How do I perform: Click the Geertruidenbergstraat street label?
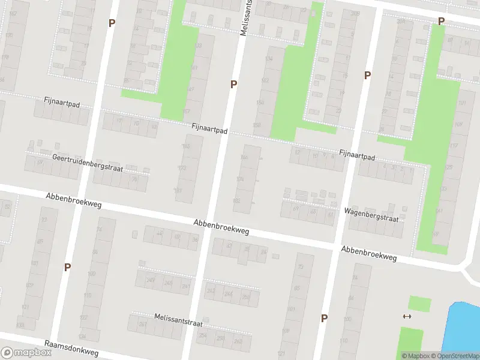(88, 163)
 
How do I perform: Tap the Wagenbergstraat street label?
(372, 215)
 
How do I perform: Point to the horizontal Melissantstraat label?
(178, 319)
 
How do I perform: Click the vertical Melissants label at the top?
(245, 18)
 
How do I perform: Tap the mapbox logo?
(26, 353)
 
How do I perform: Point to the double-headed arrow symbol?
(407, 316)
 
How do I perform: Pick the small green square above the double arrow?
(419, 304)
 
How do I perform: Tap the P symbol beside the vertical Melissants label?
(233, 85)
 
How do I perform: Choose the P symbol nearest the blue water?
(324, 318)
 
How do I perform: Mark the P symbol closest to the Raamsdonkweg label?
(67, 267)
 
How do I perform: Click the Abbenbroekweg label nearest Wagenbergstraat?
(369, 253)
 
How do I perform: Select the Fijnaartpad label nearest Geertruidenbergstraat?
(61, 102)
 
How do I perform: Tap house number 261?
(143, 325)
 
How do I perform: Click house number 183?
(178, 191)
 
